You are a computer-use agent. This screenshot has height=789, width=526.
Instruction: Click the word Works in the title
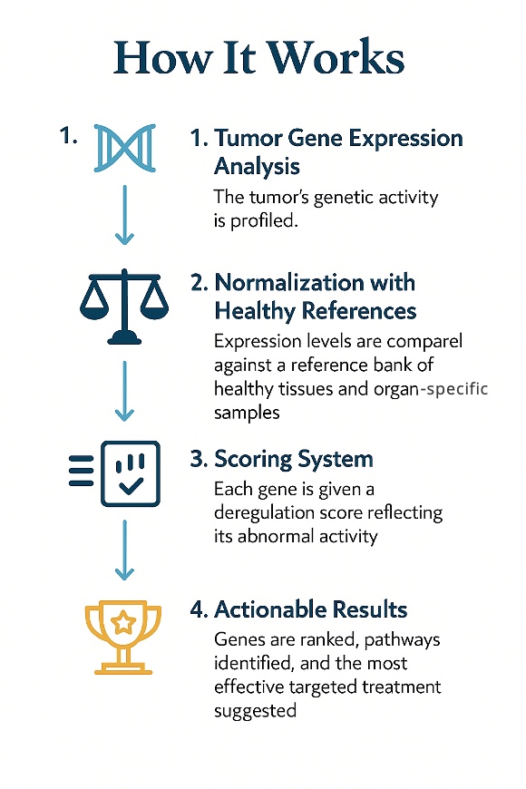click(x=336, y=56)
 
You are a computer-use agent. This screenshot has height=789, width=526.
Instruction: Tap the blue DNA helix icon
click(x=125, y=148)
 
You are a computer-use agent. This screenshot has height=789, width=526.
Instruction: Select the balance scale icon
click(x=124, y=307)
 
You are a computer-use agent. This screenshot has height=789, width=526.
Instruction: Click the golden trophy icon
click(x=123, y=637)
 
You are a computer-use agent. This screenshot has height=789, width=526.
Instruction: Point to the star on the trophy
click(x=123, y=623)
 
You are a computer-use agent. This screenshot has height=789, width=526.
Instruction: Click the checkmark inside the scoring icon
click(x=131, y=485)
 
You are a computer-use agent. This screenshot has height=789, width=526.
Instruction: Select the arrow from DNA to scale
click(x=124, y=215)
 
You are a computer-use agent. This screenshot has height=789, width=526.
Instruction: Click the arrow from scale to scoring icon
click(x=124, y=391)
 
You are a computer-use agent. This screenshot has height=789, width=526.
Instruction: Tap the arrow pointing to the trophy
click(x=124, y=550)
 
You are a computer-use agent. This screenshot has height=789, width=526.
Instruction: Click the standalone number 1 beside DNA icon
click(x=68, y=135)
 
